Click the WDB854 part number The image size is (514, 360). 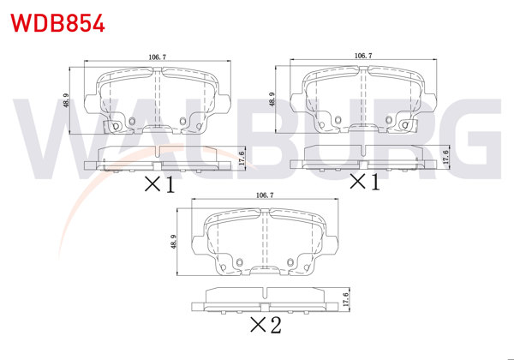57,23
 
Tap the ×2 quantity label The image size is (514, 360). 266,325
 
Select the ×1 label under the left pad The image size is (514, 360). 160,184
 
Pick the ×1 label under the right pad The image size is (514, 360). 365,182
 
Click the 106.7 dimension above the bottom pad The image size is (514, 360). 265,195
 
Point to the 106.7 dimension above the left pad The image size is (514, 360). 158,57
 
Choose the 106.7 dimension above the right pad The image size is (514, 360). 363,56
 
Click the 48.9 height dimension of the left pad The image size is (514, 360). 66,100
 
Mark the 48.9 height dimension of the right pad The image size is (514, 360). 272,99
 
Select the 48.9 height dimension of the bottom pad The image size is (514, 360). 173,242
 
